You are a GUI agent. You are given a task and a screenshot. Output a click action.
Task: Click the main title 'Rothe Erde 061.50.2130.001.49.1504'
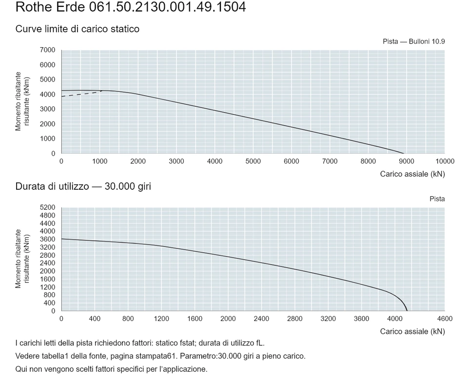[131, 7]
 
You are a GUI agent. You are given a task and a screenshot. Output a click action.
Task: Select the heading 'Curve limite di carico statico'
[78, 29]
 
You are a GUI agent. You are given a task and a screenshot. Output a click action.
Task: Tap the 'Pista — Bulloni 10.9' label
[414, 41]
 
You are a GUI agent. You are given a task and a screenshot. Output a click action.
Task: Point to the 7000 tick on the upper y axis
[48, 50]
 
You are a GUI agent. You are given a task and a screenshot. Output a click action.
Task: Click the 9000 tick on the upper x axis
[407, 162]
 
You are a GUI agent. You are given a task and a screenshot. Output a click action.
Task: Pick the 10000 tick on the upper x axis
[445, 162]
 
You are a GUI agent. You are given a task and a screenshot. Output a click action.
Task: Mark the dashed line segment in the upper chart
[81, 94]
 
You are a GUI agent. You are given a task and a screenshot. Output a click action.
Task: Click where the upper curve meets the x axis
[404, 153]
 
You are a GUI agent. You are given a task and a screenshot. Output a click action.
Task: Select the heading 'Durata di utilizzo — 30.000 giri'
[83, 186]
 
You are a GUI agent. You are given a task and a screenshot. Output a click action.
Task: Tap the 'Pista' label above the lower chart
[437, 199]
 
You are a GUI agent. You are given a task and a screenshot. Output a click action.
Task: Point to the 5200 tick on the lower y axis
[48, 207]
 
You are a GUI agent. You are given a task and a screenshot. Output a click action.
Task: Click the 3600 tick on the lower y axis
[48, 239]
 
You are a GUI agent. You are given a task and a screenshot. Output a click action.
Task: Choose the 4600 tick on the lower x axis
[445, 319]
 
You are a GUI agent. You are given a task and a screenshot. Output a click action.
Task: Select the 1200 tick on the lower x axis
[161, 319]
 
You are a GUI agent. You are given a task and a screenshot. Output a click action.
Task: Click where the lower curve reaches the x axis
[407, 311]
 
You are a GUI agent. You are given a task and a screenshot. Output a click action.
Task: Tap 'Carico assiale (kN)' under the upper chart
[412, 174]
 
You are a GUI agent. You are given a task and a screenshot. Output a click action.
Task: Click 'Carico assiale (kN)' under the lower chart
[412, 332]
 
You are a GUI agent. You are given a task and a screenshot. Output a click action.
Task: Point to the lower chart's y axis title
[22, 259]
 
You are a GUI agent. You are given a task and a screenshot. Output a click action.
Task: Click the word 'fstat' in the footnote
[187, 343]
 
